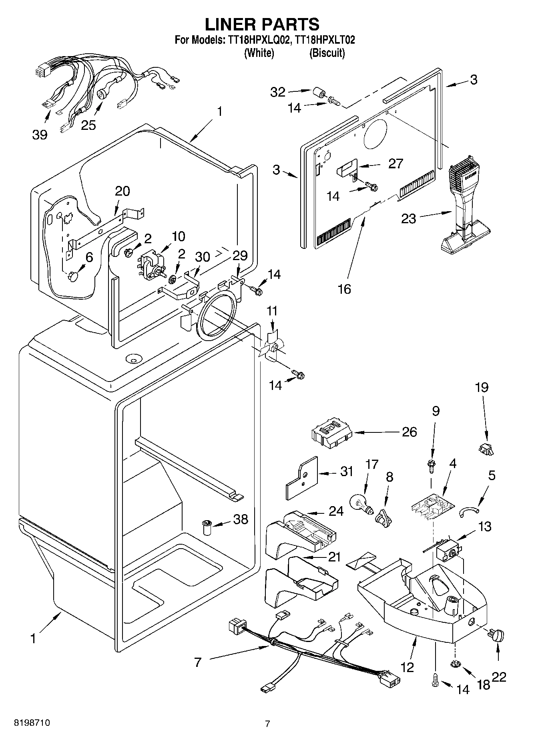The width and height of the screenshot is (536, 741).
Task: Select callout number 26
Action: click(x=409, y=432)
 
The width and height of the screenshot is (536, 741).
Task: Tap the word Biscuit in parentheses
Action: click(x=327, y=53)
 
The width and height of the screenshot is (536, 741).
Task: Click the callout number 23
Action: click(x=408, y=218)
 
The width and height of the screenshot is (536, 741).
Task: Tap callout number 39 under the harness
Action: click(x=40, y=135)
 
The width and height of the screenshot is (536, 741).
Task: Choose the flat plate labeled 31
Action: click(x=301, y=477)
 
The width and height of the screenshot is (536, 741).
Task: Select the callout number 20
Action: click(x=122, y=191)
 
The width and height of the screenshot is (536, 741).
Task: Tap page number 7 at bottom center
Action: click(x=267, y=724)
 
